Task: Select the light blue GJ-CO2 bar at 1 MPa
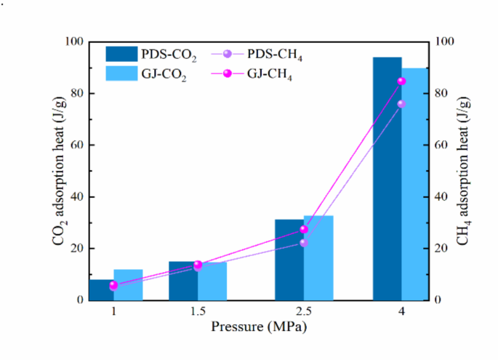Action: [x=128, y=284]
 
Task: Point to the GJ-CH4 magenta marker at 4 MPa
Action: [x=401, y=81]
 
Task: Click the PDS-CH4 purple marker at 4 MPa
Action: [x=401, y=104]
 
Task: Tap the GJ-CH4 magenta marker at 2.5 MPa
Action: [x=304, y=229]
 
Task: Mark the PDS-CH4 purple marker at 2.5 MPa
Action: [x=304, y=243]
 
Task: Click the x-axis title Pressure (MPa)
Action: [x=259, y=327]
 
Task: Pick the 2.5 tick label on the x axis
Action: [x=304, y=311]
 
